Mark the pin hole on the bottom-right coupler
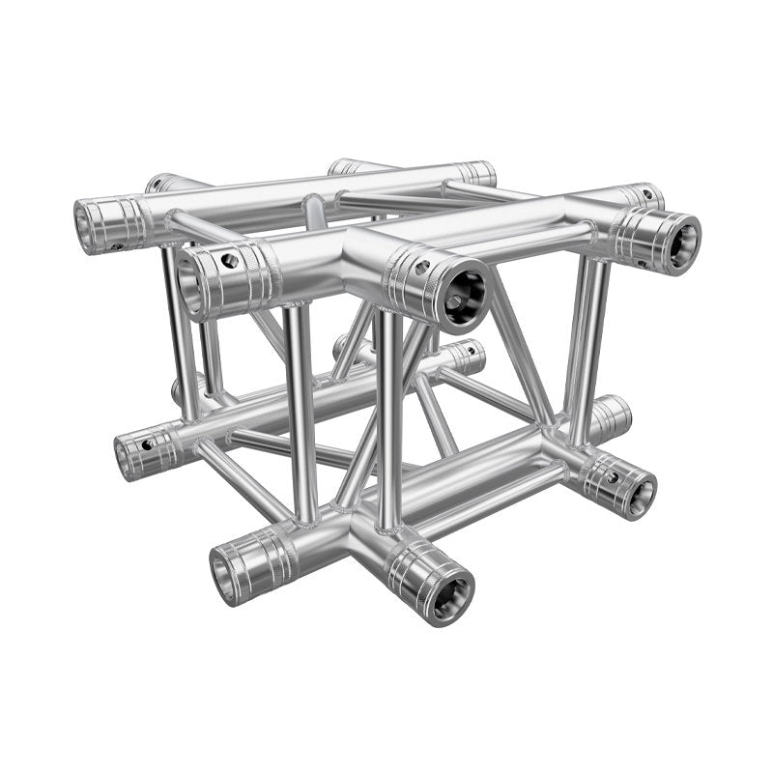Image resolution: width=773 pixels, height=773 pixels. (x=611, y=476)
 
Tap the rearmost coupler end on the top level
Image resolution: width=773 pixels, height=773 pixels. (x=477, y=173)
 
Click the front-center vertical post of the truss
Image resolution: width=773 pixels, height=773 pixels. (x=389, y=415)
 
